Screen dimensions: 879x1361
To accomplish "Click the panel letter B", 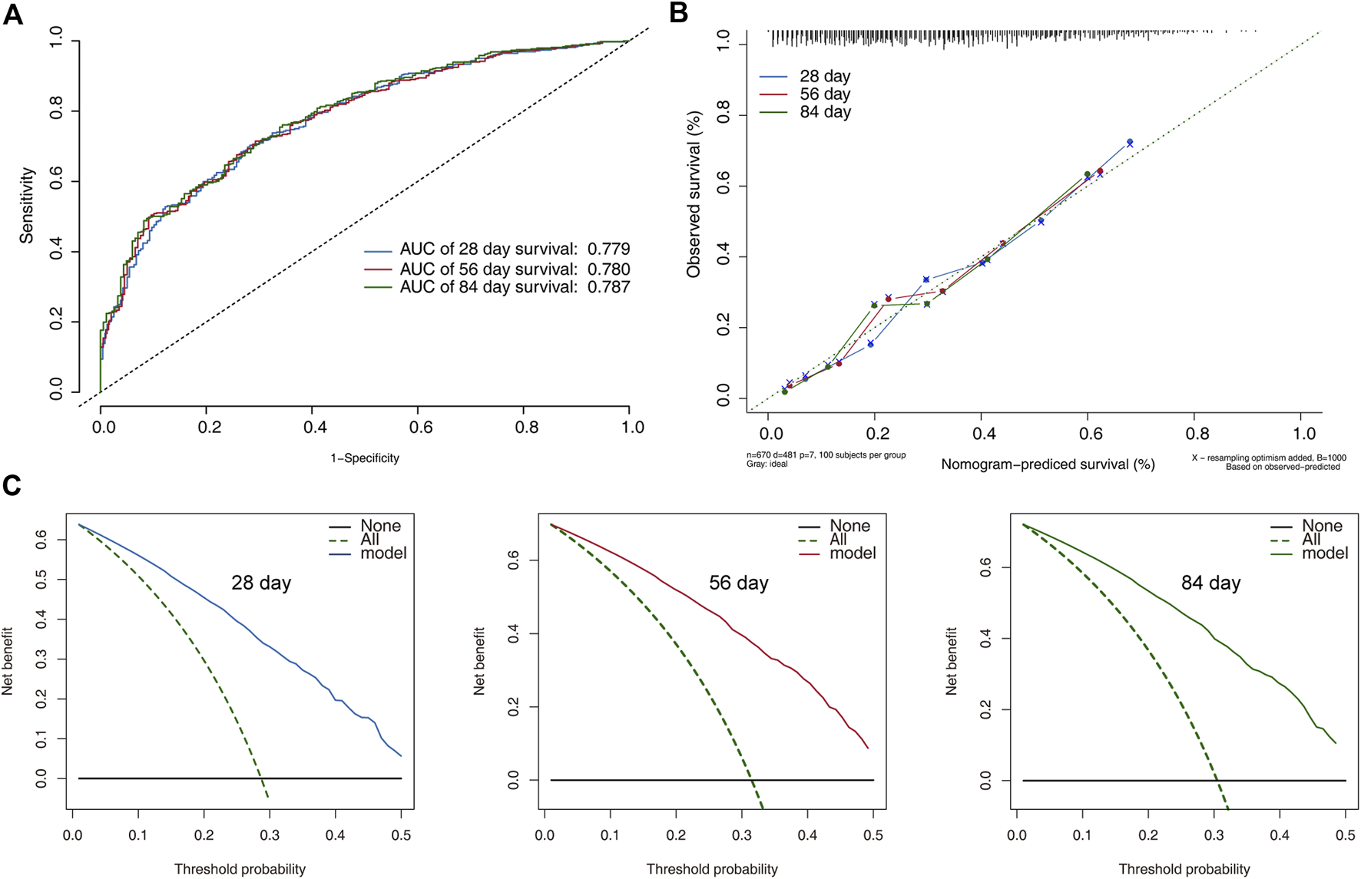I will pyautogui.click(x=678, y=14).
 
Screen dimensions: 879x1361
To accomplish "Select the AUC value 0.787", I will pyautogui.click(x=608, y=287).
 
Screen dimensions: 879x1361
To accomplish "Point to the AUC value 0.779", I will pyautogui.click(x=608, y=249).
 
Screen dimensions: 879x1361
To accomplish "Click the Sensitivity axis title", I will pyautogui.click(x=28, y=206).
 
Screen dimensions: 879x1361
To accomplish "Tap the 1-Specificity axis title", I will pyautogui.click(x=365, y=458).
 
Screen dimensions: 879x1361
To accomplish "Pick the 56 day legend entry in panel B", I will pyautogui.click(x=824, y=94).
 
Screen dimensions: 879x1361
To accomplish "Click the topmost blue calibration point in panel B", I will pyautogui.click(x=1129, y=143).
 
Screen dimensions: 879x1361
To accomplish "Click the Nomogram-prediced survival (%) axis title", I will pyautogui.click(x=1048, y=464).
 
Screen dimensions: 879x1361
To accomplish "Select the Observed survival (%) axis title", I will pyautogui.click(x=694, y=194).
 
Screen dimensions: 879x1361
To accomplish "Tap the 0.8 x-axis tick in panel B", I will pyautogui.click(x=1197, y=434).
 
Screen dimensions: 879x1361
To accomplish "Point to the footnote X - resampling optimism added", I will pyautogui.click(x=1268, y=458).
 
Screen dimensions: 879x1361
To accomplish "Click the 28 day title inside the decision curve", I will pyautogui.click(x=261, y=583).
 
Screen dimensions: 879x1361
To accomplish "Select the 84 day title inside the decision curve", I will pyautogui.click(x=1210, y=583).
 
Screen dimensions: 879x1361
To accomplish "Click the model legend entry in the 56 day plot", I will pyautogui.click(x=853, y=554).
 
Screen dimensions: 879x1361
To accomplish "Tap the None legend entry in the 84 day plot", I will pyautogui.click(x=1321, y=527).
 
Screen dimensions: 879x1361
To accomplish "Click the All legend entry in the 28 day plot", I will pyautogui.click(x=369, y=540).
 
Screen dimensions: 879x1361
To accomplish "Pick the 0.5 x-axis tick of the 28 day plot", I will pyautogui.click(x=401, y=835).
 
